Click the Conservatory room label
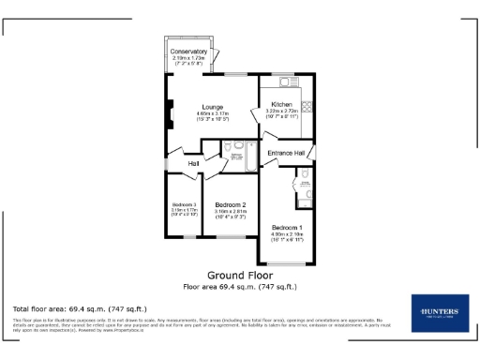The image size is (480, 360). [x=190, y=51]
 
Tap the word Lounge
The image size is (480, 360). [x=212, y=106]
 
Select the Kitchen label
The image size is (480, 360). [x=282, y=104]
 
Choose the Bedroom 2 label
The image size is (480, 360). [x=230, y=204]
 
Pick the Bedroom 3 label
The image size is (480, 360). [x=183, y=204]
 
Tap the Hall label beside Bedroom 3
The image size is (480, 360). [x=193, y=164]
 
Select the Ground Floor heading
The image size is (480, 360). [x=239, y=277]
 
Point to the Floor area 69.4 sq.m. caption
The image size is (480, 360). [x=239, y=286]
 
